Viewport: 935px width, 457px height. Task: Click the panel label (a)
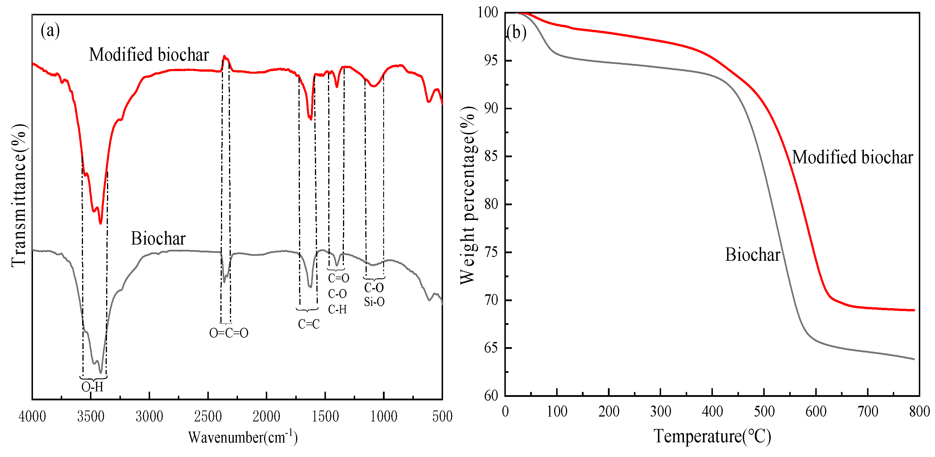[50, 30]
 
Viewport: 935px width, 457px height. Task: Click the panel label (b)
[516, 32]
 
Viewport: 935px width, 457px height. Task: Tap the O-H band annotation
[92, 387]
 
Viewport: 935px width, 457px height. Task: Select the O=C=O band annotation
[229, 333]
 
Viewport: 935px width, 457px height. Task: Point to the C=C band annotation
[309, 324]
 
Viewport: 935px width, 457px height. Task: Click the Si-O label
[374, 301]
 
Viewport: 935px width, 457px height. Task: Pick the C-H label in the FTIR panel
[337, 309]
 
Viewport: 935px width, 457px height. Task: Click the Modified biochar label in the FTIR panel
[149, 55]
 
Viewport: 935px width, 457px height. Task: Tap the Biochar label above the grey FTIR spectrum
[158, 239]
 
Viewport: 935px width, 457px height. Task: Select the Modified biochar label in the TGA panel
[852, 158]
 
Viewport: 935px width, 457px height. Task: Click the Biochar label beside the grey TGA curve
[753, 255]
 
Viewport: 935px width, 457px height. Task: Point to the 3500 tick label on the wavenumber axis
[91, 416]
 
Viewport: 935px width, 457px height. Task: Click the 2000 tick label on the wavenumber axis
[266, 416]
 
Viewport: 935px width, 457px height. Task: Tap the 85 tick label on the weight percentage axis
[491, 156]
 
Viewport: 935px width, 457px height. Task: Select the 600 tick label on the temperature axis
[816, 412]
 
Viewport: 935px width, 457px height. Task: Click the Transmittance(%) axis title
[19, 196]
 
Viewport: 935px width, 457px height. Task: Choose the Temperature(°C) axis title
[712, 436]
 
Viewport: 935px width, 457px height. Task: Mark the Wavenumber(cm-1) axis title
[242, 437]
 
